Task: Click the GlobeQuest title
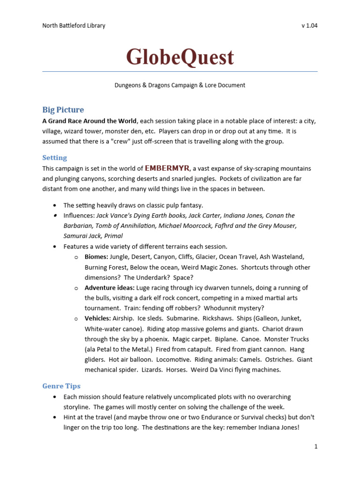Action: coord(180,57)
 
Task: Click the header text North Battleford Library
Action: coord(74,25)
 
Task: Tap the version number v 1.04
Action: coord(309,25)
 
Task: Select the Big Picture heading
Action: coord(63,110)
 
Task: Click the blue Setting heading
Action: coord(54,157)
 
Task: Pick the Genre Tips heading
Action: coord(61,386)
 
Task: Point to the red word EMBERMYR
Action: coord(167,168)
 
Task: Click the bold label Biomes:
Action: coord(97,257)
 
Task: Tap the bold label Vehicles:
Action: coord(98,318)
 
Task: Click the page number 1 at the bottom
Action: coord(316,446)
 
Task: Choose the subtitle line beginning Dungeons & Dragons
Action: coord(180,85)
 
